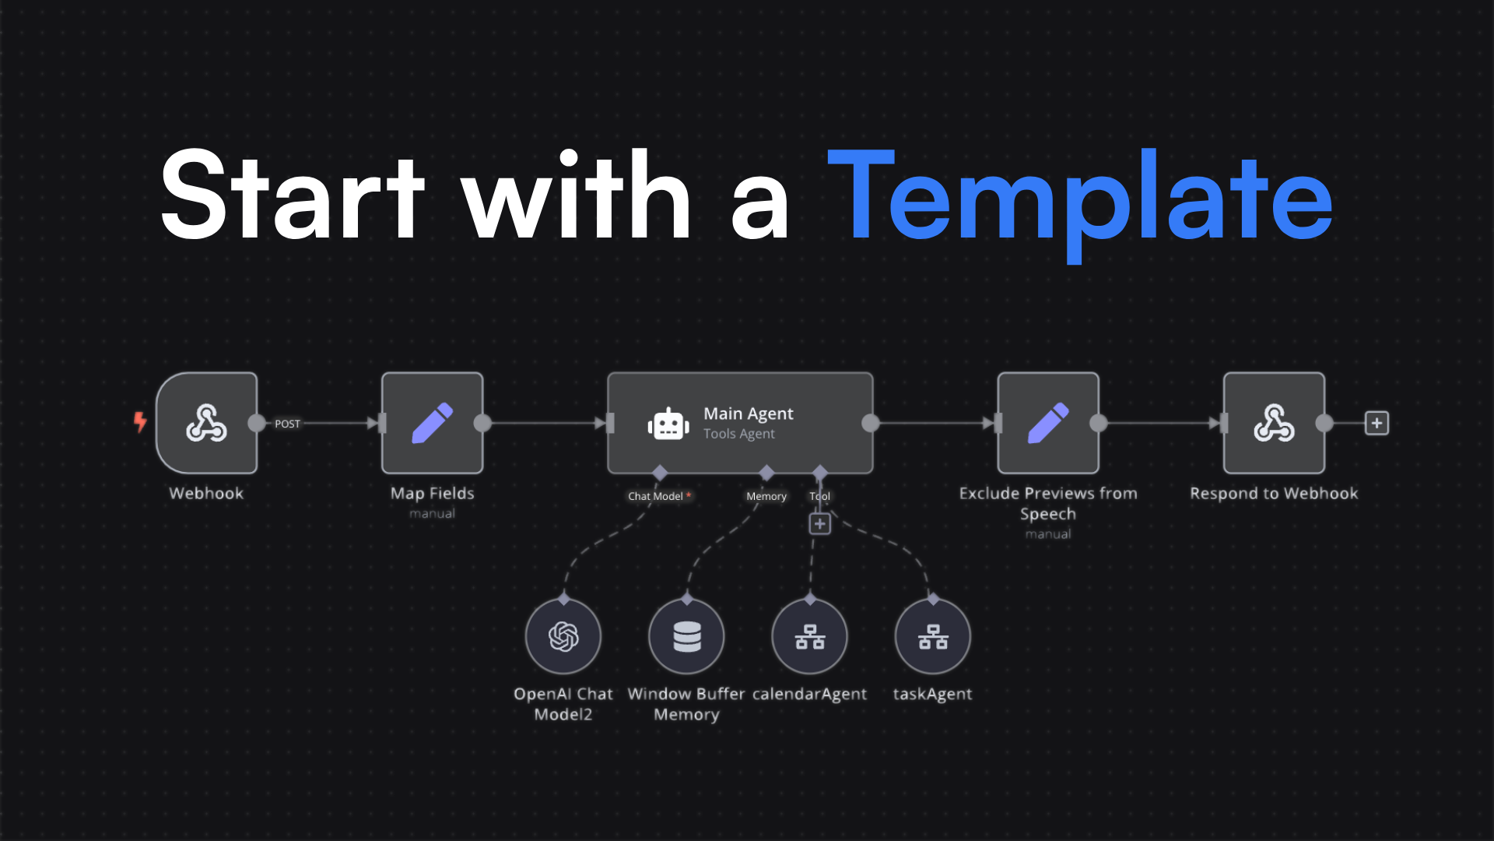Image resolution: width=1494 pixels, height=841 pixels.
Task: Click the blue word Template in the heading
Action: click(x=1080, y=199)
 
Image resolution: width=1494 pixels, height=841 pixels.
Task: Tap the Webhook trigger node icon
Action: click(x=206, y=423)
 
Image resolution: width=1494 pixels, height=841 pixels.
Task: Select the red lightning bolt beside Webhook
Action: click(x=140, y=422)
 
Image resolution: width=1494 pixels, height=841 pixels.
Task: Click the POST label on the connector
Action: click(x=287, y=424)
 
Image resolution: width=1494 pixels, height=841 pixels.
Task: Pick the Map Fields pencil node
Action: click(x=432, y=423)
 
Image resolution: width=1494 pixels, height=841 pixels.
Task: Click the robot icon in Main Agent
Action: click(x=668, y=424)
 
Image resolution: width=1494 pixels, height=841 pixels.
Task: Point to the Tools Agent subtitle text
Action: click(x=738, y=434)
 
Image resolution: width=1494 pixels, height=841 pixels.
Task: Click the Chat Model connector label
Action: click(x=655, y=496)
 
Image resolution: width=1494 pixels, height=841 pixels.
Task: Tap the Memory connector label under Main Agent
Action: click(x=766, y=496)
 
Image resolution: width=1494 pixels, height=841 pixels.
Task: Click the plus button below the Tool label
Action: click(x=819, y=524)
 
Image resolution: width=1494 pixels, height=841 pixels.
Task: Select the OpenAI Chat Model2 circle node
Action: click(x=563, y=636)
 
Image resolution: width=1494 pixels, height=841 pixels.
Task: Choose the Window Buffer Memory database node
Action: click(x=686, y=636)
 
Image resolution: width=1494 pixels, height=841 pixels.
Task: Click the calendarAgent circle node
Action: click(x=809, y=636)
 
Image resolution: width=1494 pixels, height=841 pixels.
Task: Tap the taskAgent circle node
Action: click(x=932, y=636)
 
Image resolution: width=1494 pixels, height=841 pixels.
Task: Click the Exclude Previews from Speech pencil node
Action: click(x=1048, y=423)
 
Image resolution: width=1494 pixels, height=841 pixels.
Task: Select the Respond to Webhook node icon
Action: click(x=1274, y=423)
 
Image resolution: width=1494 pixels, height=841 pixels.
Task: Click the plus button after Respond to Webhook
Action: click(x=1377, y=423)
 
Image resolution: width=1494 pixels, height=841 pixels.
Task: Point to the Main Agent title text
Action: click(x=748, y=413)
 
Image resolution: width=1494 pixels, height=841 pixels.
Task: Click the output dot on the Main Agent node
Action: click(x=871, y=423)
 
